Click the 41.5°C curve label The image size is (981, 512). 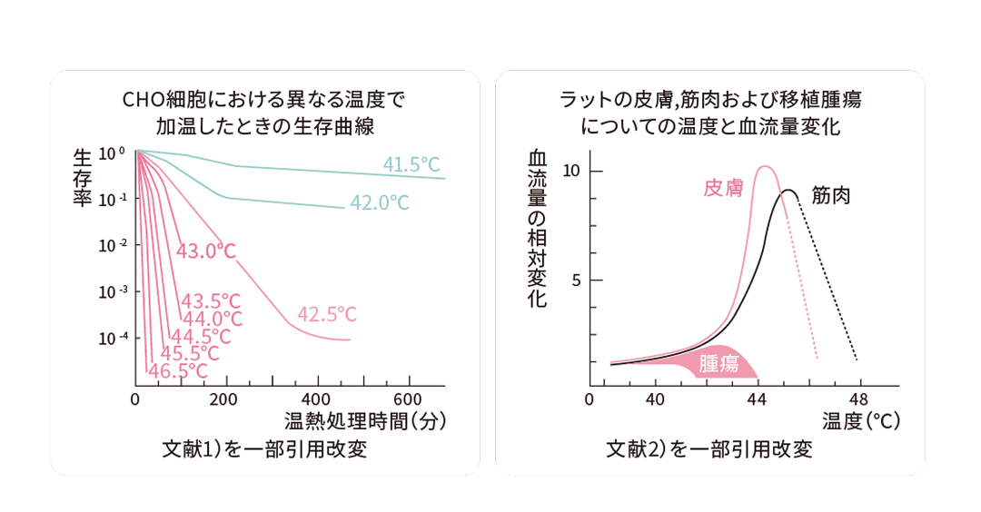[x=411, y=164]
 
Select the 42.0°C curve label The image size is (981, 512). [x=380, y=203]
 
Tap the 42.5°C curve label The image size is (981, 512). [x=327, y=315]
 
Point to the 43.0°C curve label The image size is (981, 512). [x=206, y=251]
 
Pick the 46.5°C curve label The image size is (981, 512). [x=178, y=371]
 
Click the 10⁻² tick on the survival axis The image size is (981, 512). [x=113, y=245]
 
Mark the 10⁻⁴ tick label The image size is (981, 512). [x=113, y=338]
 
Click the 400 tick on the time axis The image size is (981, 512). [x=316, y=400]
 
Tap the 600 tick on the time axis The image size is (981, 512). [x=408, y=400]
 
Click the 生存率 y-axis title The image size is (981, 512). [x=82, y=179]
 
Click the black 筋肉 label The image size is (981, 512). [x=832, y=195]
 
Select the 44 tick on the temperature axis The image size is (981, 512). [x=757, y=400]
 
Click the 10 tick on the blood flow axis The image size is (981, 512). [x=570, y=171]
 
